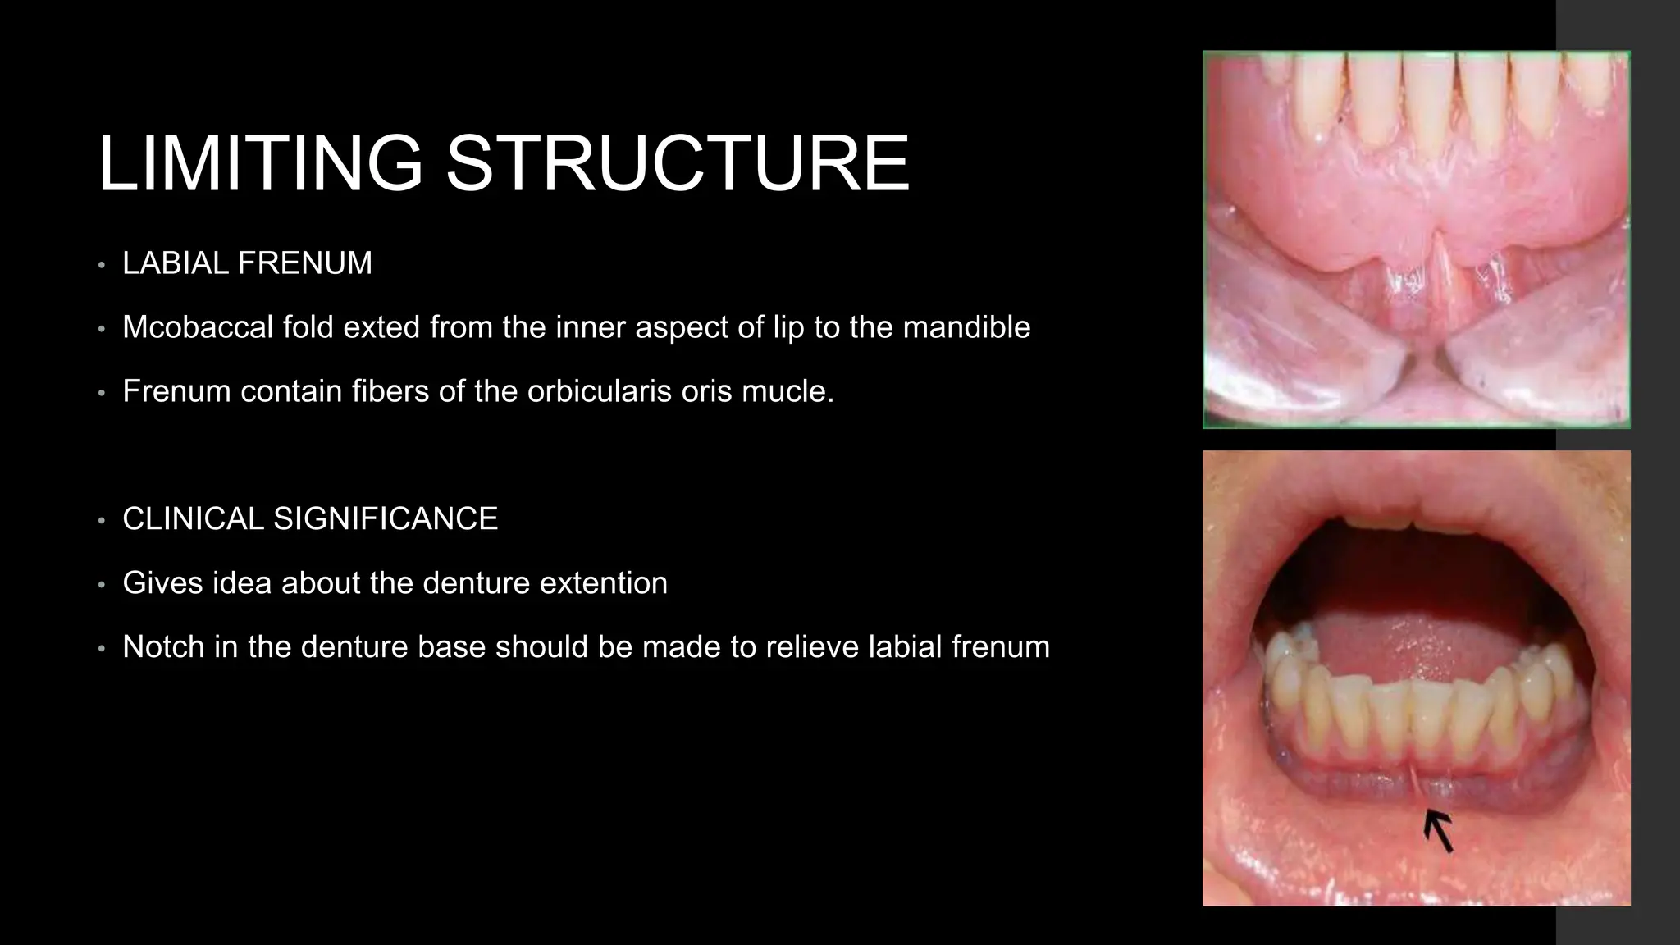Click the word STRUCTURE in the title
[x=677, y=163]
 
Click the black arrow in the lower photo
[x=1438, y=829]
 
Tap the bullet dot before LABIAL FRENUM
[x=101, y=266]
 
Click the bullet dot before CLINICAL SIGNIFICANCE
[x=101, y=521]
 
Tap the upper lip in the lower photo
[x=1411, y=492]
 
